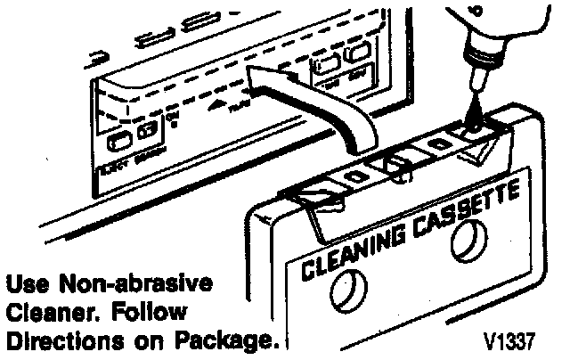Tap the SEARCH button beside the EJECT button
coord(149,135)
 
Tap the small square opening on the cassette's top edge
coord(437,143)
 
